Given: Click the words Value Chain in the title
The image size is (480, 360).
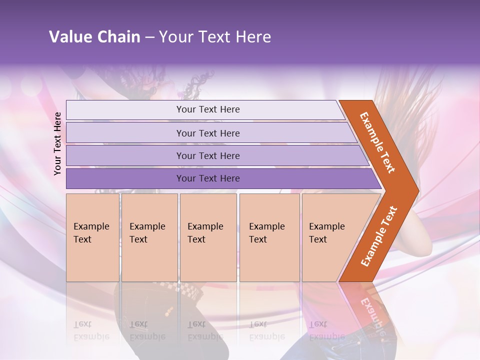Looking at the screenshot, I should click(94, 37).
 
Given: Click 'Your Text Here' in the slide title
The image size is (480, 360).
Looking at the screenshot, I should click(215, 37).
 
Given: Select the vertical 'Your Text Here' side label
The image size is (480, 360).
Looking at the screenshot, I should click(58, 143).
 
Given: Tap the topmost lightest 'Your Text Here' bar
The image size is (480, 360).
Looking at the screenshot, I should click(208, 109).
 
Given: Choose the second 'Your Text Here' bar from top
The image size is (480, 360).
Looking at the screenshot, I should click(208, 133).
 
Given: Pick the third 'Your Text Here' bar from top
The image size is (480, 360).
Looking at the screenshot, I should click(208, 155).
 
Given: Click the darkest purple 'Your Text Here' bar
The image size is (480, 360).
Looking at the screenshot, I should click(208, 178).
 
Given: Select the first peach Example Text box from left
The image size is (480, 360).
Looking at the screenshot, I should click(92, 237).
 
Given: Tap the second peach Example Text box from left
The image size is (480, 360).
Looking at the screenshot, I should click(149, 237).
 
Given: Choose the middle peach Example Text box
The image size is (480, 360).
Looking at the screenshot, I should click(208, 237).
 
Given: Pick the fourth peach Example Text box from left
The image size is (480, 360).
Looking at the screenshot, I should click(269, 237).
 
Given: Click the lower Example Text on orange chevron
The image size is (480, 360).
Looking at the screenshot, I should click(379, 236).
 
